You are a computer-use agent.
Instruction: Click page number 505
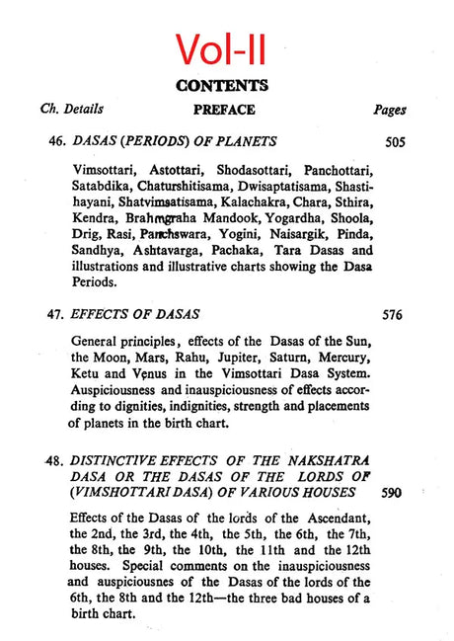(x=395, y=141)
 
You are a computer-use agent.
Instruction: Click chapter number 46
(x=57, y=141)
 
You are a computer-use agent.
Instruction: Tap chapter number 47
(x=57, y=315)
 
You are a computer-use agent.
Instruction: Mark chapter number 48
(x=57, y=460)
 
